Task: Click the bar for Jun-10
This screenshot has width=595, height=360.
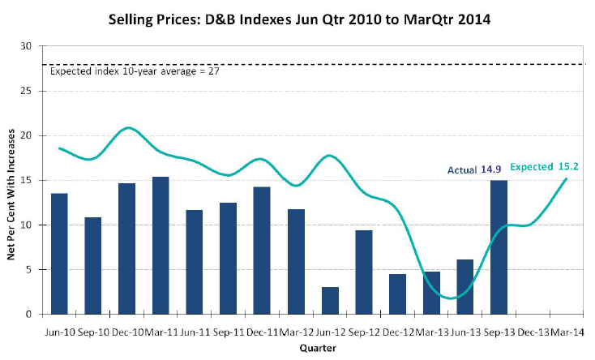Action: (59, 253)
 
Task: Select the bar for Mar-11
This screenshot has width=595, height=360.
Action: (161, 245)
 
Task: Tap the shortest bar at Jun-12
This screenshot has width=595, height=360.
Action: (330, 300)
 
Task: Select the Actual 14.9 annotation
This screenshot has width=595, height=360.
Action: (473, 169)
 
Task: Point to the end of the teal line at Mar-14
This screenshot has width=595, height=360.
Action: (566, 178)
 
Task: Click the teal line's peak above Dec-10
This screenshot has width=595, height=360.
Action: (127, 127)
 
